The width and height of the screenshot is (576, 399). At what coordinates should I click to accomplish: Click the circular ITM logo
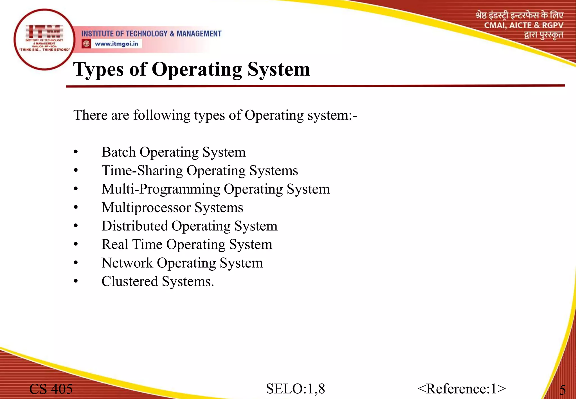(x=44, y=39)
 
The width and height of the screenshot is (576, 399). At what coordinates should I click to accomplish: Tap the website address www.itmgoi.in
(x=116, y=44)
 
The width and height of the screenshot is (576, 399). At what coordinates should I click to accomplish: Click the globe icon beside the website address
(x=86, y=44)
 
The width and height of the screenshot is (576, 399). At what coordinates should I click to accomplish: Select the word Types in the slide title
(x=98, y=69)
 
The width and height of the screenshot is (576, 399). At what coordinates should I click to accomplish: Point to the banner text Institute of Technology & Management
(x=151, y=34)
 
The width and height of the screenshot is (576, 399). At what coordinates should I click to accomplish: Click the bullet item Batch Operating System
(x=174, y=152)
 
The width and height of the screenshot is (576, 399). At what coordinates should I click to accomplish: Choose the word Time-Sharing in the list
(x=142, y=171)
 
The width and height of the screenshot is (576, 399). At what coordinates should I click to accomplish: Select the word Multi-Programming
(x=161, y=189)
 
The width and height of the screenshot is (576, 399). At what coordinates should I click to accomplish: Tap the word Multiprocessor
(x=146, y=208)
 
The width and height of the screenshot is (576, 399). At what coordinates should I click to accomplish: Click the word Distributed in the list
(x=135, y=226)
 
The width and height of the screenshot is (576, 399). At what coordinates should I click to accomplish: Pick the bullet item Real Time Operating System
(x=187, y=244)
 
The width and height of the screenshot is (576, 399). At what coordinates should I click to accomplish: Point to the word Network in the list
(x=127, y=263)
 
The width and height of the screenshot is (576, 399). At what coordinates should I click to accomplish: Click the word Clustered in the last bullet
(x=130, y=281)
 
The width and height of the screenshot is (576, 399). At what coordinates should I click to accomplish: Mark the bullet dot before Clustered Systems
(x=76, y=281)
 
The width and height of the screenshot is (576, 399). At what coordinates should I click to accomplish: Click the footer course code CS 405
(x=51, y=389)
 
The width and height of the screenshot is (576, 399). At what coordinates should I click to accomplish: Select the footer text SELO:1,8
(x=295, y=389)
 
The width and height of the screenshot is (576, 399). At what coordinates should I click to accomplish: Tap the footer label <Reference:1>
(x=462, y=389)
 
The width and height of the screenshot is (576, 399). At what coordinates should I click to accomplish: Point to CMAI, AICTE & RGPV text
(x=524, y=25)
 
